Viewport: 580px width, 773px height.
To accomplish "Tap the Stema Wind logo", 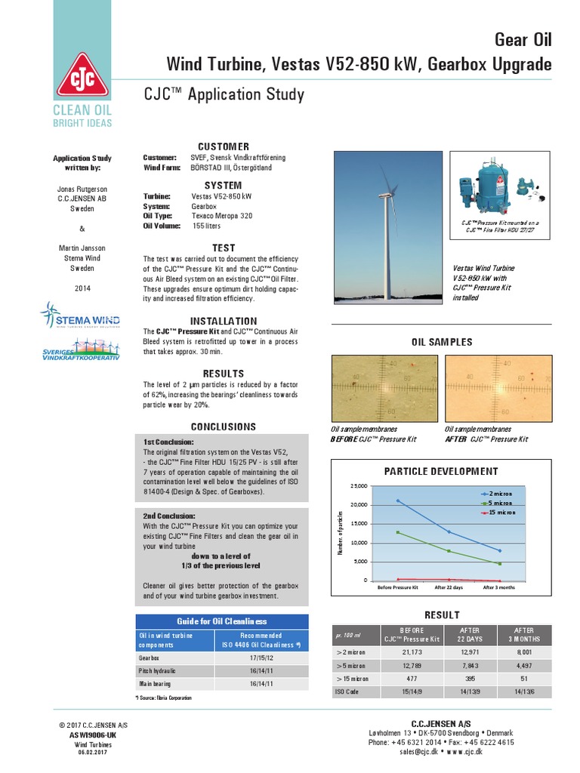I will tap(82, 315).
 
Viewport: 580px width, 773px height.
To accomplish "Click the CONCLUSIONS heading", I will tap(223, 427).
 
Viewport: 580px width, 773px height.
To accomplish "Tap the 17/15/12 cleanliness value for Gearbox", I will tap(261, 658).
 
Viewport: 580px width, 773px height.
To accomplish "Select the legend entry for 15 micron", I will tap(499, 512).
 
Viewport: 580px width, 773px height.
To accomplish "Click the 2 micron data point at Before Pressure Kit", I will tap(397, 500).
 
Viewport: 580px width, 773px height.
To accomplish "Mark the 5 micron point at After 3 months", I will tap(499, 563).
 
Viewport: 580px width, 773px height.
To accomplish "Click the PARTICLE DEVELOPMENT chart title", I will tap(442, 471).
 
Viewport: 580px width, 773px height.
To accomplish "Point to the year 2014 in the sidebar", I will tap(82, 288).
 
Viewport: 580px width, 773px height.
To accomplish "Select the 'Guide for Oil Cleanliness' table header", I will tap(222, 621).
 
